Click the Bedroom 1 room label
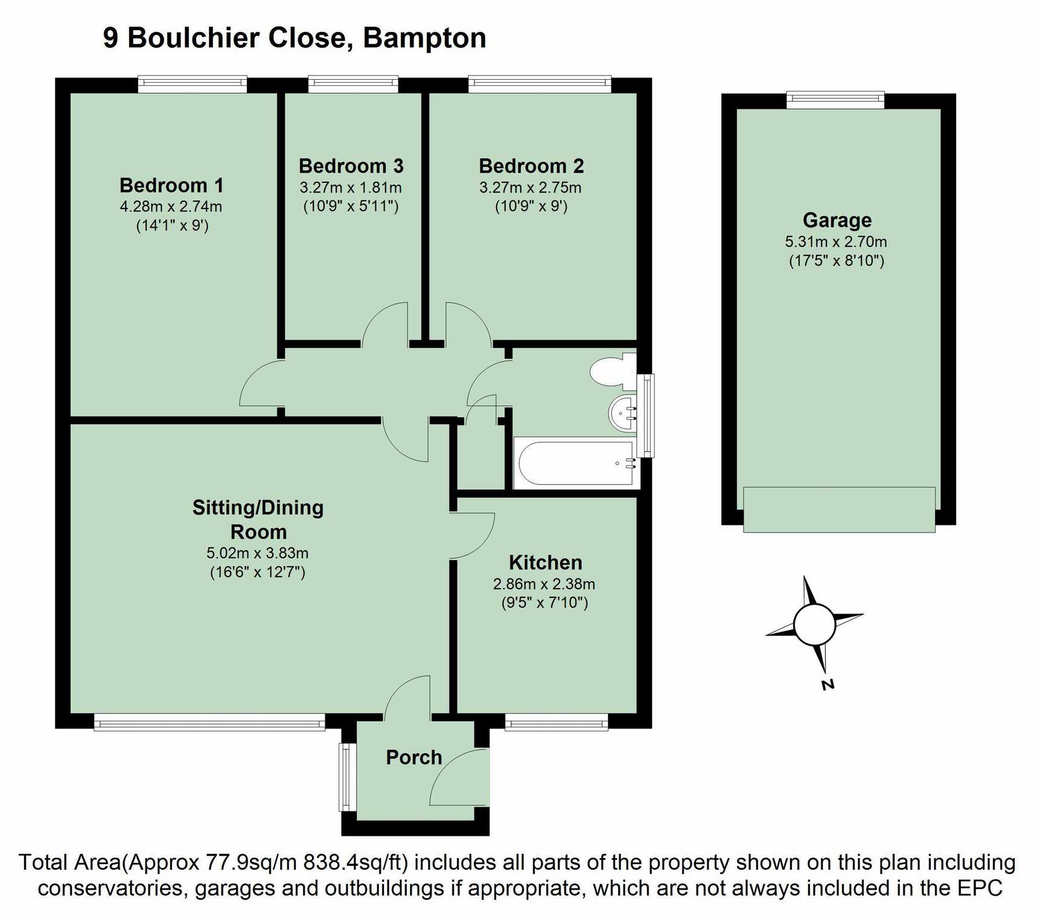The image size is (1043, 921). pyautogui.click(x=171, y=185)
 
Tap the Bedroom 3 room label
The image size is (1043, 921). pyautogui.click(x=351, y=165)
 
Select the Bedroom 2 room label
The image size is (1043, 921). pyautogui.click(x=531, y=165)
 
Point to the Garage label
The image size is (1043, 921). pyautogui.click(x=837, y=220)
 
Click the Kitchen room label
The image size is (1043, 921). pyautogui.click(x=546, y=562)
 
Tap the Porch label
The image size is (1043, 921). pyautogui.click(x=414, y=757)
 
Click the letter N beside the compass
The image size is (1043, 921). pyautogui.click(x=828, y=684)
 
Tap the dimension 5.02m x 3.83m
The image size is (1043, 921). pyautogui.click(x=258, y=553)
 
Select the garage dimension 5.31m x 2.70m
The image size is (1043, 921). pyautogui.click(x=836, y=242)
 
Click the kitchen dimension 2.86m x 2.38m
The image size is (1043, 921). pyautogui.click(x=544, y=584)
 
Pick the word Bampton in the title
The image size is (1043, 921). pyautogui.click(x=424, y=38)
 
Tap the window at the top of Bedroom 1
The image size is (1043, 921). pyautogui.click(x=193, y=84)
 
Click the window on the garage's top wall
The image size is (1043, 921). pyautogui.click(x=835, y=100)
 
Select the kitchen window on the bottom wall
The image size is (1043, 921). pyautogui.click(x=557, y=722)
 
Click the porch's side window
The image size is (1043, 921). pyautogui.click(x=346, y=777)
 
